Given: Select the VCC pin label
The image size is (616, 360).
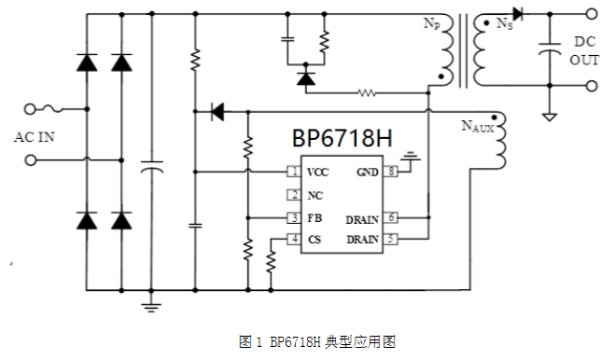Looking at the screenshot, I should pyautogui.click(x=318, y=173).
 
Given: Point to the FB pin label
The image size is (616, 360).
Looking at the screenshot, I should pyautogui.click(x=315, y=217).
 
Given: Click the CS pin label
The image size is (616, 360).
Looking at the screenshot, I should pyautogui.click(x=315, y=240).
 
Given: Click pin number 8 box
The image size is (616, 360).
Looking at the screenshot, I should pyautogui.click(x=392, y=173).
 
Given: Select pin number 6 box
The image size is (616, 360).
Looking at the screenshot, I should pyautogui.click(x=392, y=217).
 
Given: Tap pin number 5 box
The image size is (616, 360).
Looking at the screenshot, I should pyautogui.click(x=392, y=240).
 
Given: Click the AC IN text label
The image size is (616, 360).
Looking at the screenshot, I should pyautogui.click(x=35, y=136).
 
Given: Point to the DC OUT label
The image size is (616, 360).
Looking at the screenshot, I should pyautogui.click(x=585, y=50).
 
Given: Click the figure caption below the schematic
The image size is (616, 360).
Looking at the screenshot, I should pyautogui.click(x=307, y=341).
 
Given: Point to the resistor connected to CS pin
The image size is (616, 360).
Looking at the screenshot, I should pyautogui.click(x=271, y=259).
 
